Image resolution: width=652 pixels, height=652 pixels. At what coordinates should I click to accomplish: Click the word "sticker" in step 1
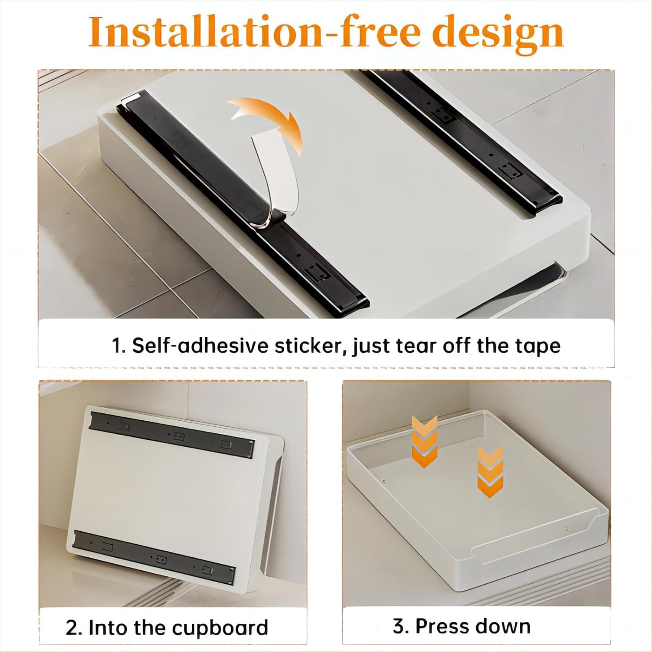(x=310, y=346)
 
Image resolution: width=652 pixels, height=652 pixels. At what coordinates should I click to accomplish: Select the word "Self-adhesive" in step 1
(x=200, y=346)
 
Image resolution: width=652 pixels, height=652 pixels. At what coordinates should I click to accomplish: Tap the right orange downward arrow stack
(x=490, y=472)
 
